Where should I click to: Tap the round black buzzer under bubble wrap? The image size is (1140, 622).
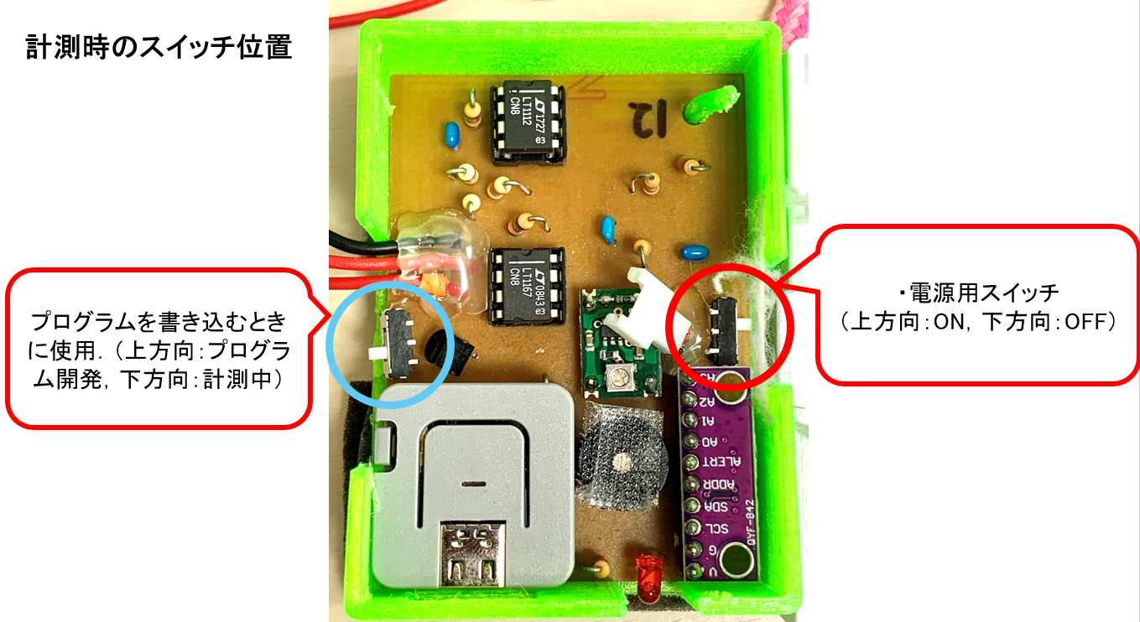[x=624, y=460]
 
